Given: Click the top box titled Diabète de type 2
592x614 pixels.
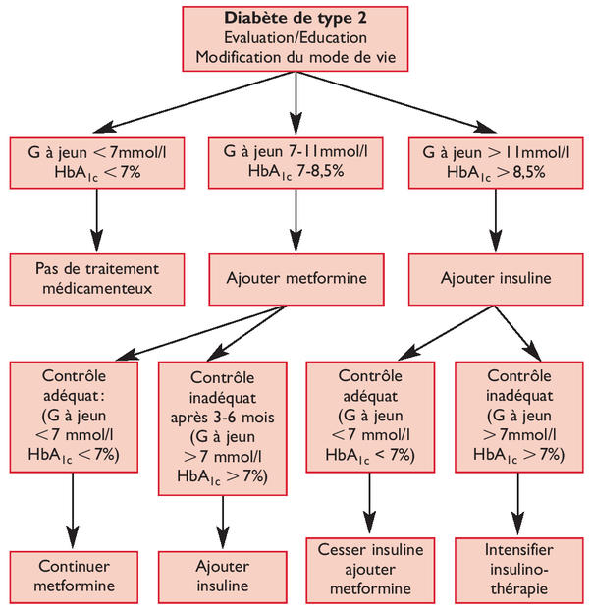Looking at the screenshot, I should click(296, 38).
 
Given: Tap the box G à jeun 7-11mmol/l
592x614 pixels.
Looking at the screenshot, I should click(296, 162).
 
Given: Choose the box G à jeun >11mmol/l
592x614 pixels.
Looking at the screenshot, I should click(496, 162).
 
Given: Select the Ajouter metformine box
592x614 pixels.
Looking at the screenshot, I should click(296, 278).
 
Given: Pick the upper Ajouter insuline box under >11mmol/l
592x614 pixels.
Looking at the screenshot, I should click(496, 278).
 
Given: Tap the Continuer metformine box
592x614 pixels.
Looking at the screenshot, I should click(75, 577).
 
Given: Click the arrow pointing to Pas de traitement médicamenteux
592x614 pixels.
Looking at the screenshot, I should click(96, 221).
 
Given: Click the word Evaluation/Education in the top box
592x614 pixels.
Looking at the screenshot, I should click(296, 37).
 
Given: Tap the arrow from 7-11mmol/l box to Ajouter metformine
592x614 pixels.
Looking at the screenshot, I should click(296, 221).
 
